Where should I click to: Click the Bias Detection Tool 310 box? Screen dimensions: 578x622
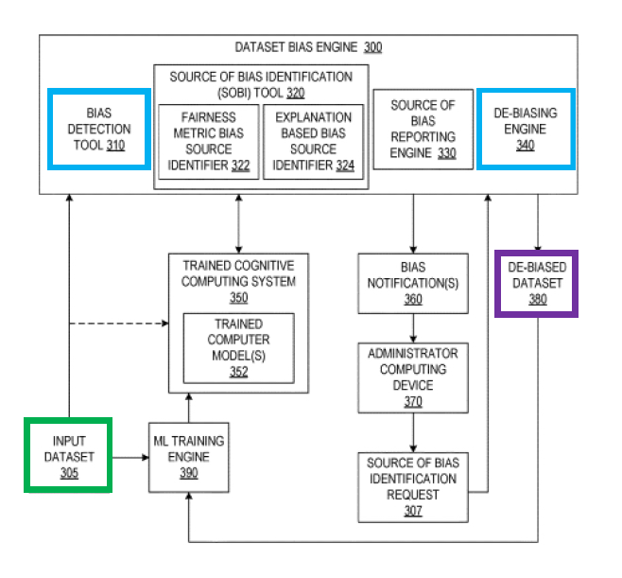[99, 130]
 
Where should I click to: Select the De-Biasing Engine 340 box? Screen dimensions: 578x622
[526, 130]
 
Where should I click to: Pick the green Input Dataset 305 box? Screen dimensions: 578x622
[69, 455]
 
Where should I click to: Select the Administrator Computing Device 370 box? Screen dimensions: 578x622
[413, 377]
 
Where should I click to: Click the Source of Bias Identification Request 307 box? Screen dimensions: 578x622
[413, 486]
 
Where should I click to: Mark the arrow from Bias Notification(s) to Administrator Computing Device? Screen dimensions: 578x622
[413, 328]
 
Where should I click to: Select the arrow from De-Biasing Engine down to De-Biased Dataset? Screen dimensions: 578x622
[538, 223]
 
